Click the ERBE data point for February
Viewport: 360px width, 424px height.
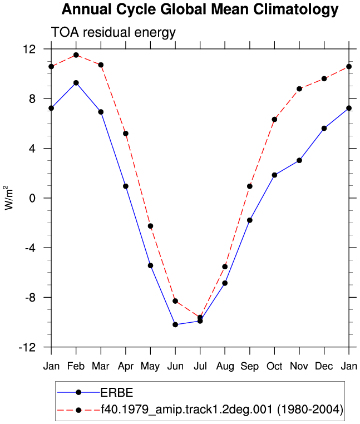coord(76,83)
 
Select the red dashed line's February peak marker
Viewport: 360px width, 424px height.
coord(76,55)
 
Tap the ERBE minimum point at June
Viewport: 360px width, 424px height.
coord(175,324)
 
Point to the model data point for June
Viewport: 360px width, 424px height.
coord(175,301)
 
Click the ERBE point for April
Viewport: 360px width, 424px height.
coord(126,186)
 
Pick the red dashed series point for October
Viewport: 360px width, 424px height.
coord(274,119)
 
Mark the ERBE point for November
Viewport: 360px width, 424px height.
coord(299,160)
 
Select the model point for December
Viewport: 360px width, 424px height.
coord(324,78)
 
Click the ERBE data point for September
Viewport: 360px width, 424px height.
coord(250,220)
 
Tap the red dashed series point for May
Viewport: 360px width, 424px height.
coord(150,226)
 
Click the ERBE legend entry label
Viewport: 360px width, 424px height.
coord(117,393)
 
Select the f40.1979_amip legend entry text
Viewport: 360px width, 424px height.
coord(222,410)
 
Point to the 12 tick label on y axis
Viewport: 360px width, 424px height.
coord(29,49)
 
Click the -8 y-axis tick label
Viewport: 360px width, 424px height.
coord(30,298)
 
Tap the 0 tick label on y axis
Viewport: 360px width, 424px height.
coord(32,198)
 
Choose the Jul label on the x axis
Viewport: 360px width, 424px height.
coord(200,366)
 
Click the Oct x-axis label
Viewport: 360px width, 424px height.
coord(274,366)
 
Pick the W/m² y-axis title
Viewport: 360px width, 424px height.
coord(9,198)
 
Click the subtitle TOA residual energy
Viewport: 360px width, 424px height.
coord(114,32)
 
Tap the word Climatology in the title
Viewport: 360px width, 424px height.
coord(296,9)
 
